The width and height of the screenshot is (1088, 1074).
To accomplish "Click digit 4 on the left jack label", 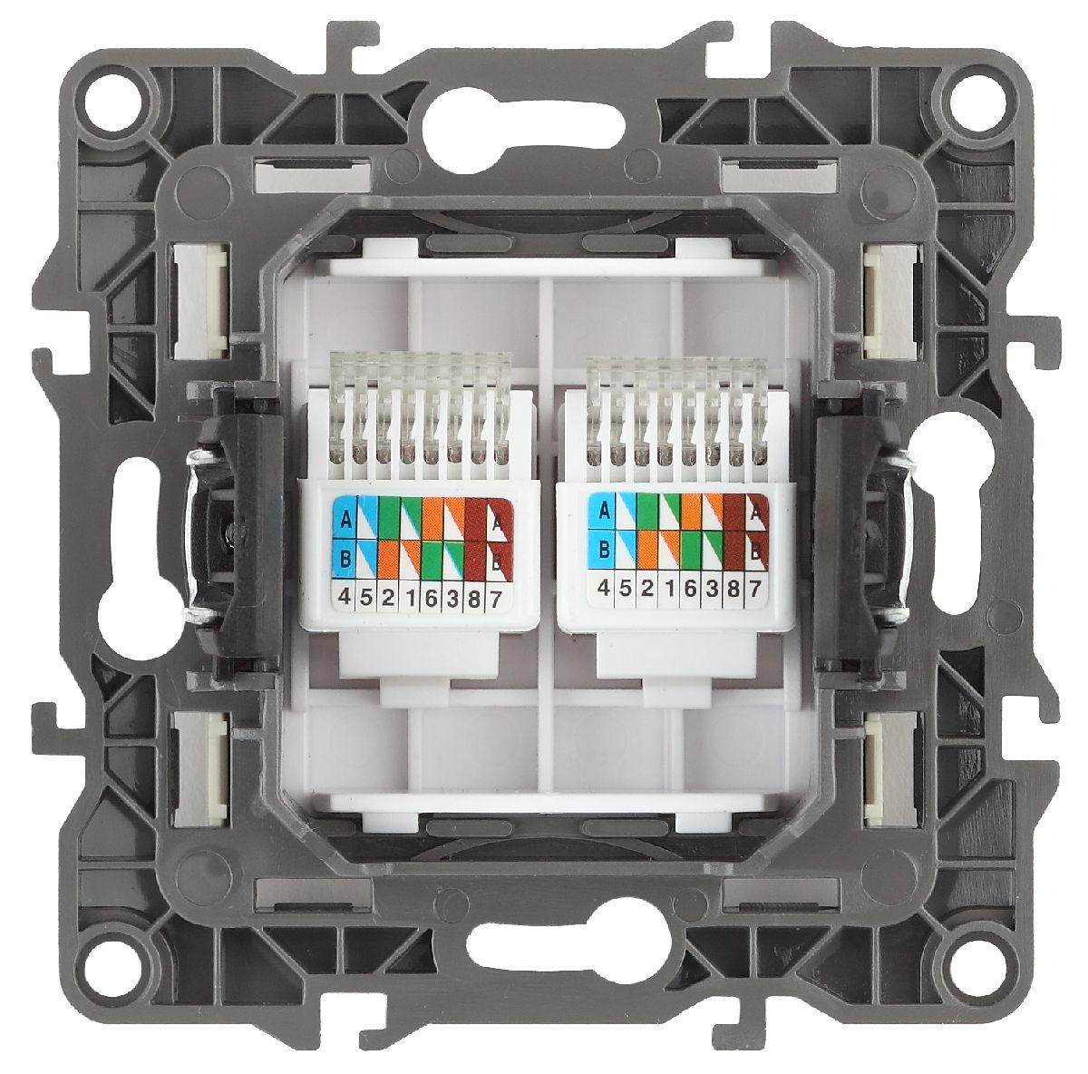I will coord(345,597).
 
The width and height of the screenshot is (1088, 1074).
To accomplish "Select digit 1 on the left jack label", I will coord(410,597).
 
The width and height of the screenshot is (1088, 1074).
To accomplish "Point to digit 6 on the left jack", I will coord(432,597).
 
